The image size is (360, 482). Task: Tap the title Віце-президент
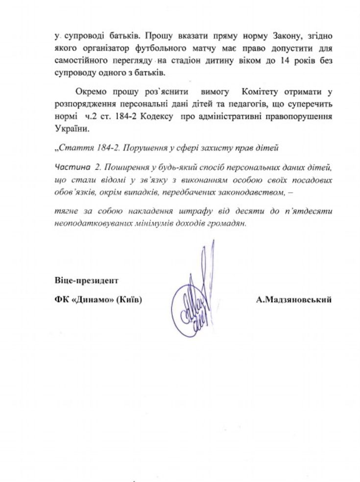click(x=87, y=281)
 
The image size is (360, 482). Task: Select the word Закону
click(x=268, y=36)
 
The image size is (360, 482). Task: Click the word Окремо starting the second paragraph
click(x=92, y=92)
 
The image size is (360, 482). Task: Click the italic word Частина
click(x=71, y=167)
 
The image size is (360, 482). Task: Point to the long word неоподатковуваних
click(x=93, y=221)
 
